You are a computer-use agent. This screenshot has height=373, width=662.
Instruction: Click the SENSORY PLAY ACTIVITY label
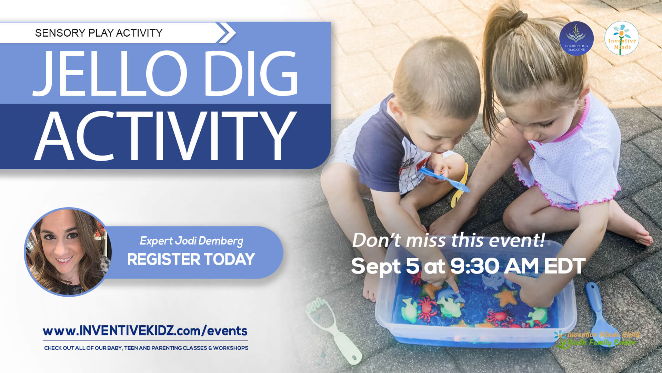point(99,33)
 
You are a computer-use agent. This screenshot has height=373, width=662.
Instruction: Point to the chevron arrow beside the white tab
point(227,33)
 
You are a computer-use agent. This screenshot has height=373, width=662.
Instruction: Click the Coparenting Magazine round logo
point(576,38)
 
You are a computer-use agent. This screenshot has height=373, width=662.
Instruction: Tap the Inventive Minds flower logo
point(622,38)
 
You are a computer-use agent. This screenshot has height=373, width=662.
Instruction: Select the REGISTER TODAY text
point(191,259)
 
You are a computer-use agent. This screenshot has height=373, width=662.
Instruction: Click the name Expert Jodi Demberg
point(191,240)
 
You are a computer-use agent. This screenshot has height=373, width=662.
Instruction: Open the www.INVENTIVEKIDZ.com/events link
point(145,331)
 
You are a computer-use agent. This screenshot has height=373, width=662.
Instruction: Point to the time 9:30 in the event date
point(472,266)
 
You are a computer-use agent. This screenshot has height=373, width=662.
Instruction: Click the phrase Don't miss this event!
point(448,240)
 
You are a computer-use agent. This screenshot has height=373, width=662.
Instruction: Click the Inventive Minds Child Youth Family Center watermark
point(598,339)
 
